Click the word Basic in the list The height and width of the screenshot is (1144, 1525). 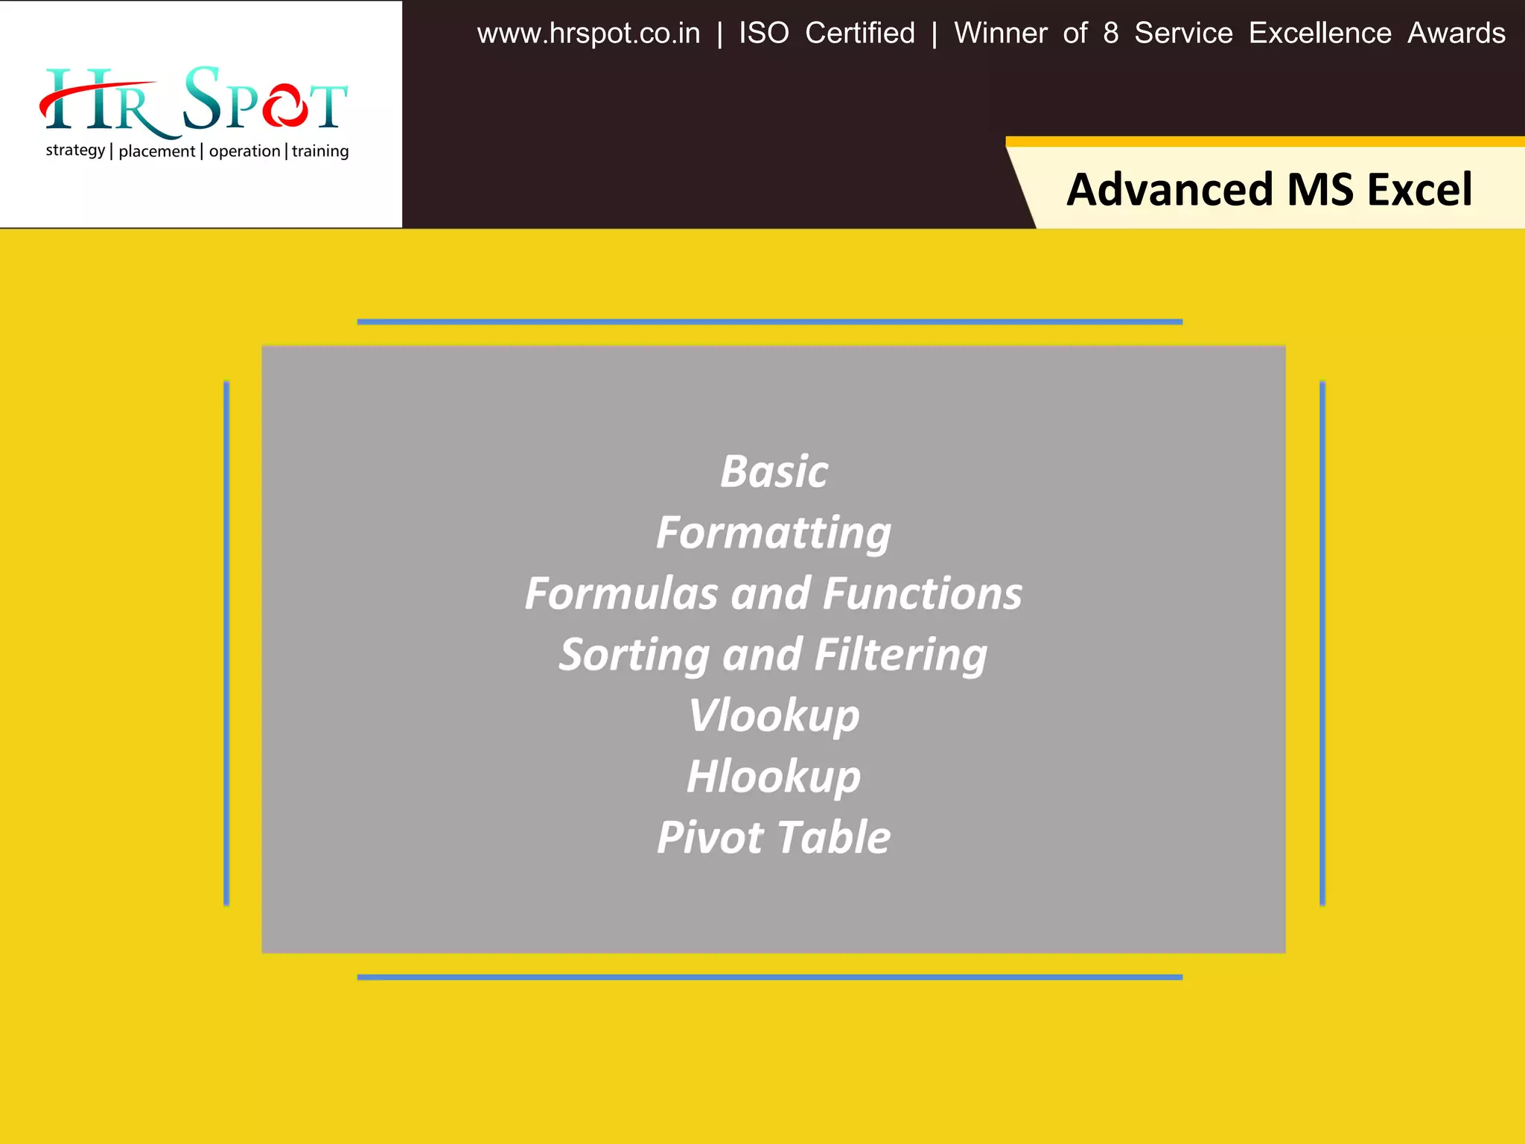(774, 472)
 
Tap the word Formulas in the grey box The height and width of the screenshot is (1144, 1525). (621, 594)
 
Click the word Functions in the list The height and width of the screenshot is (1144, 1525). (923, 594)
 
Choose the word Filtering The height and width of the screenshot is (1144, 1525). (900, 655)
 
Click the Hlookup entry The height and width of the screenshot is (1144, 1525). (774, 777)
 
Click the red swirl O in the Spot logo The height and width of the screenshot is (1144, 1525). (283, 107)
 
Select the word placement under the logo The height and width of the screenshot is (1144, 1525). (156, 151)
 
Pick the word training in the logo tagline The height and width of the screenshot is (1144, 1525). (320, 151)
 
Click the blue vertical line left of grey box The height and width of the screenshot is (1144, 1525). (226, 643)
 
